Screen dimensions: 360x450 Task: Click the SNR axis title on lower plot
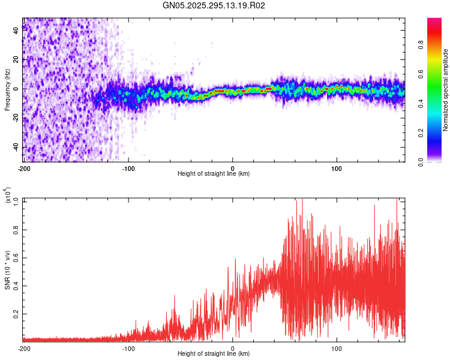pos(7,270)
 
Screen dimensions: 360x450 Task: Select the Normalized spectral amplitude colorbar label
pos(445,90)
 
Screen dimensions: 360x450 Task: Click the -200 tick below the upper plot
pos(24,168)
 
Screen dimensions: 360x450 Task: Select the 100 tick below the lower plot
pos(337,348)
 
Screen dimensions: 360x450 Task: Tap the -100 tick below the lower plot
pos(128,348)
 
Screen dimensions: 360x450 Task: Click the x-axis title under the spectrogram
pos(214,174)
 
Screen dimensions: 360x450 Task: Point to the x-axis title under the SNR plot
pos(214,354)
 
